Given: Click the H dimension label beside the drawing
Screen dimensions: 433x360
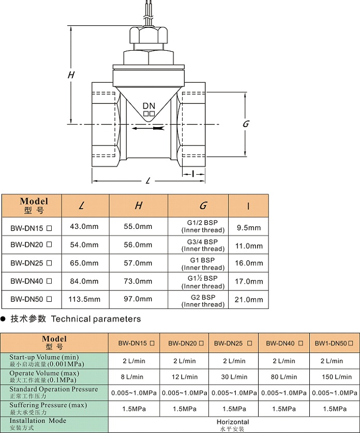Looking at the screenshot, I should click(71, 75).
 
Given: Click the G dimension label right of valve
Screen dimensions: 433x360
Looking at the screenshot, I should click(246, 124).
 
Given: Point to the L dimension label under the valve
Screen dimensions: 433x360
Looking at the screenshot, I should click(148, 180).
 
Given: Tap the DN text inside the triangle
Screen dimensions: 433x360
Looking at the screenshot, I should click(149, 106).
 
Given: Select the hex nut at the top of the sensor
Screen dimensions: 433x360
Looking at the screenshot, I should click(147, 38).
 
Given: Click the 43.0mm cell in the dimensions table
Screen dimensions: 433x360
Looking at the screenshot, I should click(84, 227).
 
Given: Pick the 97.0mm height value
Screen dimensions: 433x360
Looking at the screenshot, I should click(138, 299).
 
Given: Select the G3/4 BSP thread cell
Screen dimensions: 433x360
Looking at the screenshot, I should click(203, 245).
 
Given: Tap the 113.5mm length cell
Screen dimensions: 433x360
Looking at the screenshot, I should click(84, 299).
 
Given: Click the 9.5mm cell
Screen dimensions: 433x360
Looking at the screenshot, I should click(248, 227).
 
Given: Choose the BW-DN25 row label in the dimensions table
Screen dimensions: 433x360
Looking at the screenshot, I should click(32, 263).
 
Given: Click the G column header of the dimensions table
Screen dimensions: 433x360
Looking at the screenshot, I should click(203, 206).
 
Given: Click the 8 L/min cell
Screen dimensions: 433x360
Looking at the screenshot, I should click(133, 377).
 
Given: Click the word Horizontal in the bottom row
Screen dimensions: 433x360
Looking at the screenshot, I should click(233, 422).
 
